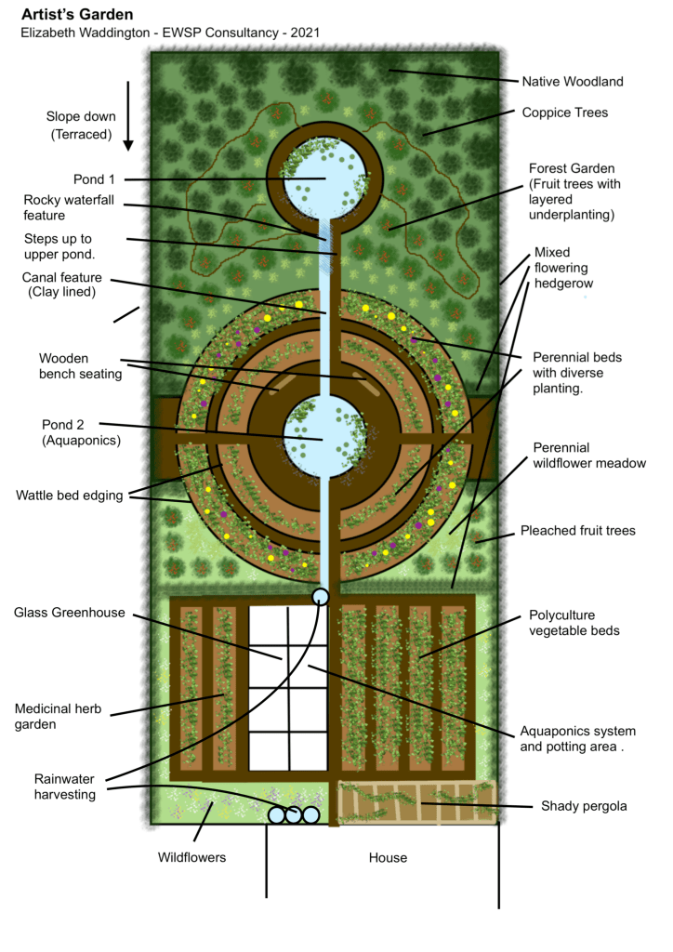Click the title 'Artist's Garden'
(x=76, y=15)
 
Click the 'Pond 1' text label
(x=95, y=179)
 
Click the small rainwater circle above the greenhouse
(x=321, y=596)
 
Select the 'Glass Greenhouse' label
(x=69, y=613)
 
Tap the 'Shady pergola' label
(x=584, y=806)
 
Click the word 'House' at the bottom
(x=387, y=857)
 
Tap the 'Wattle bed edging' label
(x=69, y=496)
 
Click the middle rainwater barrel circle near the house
(x=294, y=815)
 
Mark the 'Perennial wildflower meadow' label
(x=588, y=456)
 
